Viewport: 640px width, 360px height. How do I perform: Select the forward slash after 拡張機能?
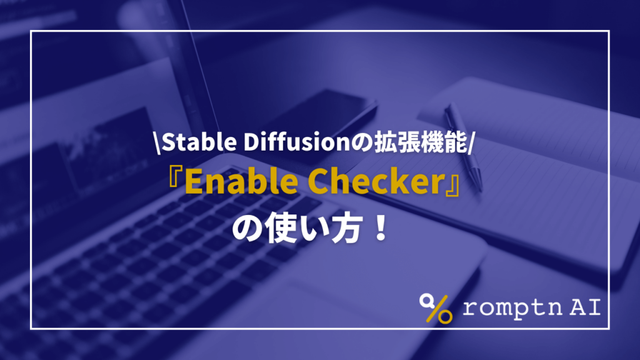[474, 144]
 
